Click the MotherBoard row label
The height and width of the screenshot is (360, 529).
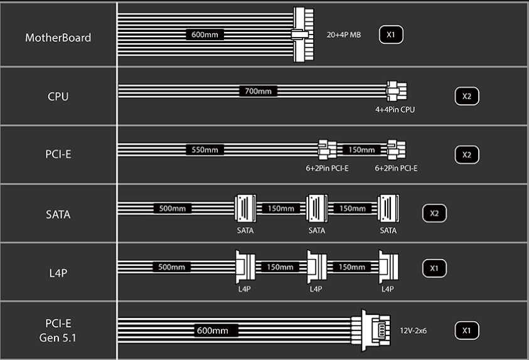[x=58, y=38]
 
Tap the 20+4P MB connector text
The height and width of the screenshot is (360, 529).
[x=344, y=34]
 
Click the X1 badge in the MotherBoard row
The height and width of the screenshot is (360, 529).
[x=390, y=34]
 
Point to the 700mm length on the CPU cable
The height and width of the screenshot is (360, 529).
[x=258, y=92]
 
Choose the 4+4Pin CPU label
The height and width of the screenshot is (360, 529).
[x=395, y=110]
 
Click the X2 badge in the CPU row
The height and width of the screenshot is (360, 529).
[x=466, y=97]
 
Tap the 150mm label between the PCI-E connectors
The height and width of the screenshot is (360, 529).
[x=361, y=150]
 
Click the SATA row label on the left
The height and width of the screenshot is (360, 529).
[x=58, y=214]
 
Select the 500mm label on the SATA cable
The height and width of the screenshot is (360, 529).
[x=172, y=208]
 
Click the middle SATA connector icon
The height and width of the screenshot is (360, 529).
[x=316, y=209]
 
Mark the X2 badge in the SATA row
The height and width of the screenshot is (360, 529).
[x=434, y=213]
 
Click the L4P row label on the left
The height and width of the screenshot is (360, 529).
[x=58, y=273]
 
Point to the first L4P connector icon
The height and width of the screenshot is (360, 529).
[x=244, y=267]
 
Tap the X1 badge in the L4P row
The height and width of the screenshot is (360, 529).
[x=434, y=268]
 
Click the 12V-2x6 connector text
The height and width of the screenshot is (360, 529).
[x=413, y=330]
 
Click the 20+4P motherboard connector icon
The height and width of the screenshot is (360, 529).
[x=305, y=34]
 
